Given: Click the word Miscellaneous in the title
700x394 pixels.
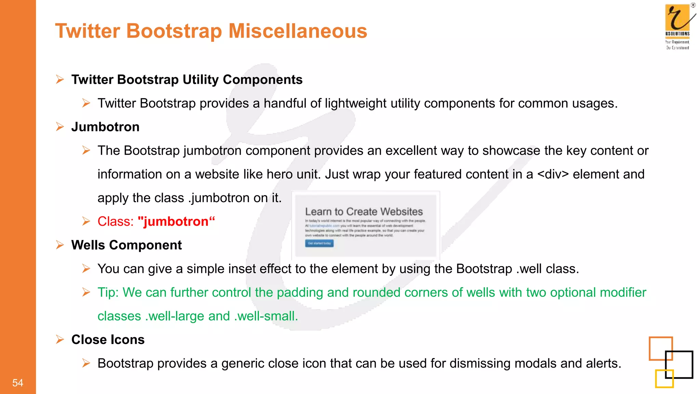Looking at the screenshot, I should [297, 31].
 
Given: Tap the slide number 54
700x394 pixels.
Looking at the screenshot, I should [18, 383].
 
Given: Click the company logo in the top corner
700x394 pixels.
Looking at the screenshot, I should [678, 25].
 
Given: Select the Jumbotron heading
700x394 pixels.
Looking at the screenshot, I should [105, 127].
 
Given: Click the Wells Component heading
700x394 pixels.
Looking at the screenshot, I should [126, 245].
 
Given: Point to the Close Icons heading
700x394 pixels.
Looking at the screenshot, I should [108, 340].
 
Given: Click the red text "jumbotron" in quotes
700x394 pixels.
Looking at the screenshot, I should [176, 222].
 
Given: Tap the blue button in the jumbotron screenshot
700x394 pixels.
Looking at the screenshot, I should [319, 244].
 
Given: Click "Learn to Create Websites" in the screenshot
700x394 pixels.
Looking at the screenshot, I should [364, 212].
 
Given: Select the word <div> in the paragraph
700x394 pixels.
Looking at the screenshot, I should [553, 174].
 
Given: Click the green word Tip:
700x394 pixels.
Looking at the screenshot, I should [108, 293].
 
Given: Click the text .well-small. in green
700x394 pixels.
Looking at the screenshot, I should [266, 316].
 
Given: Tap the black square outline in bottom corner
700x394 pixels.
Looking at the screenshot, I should [679, 365].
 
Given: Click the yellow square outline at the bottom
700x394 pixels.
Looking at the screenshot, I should [664, 379].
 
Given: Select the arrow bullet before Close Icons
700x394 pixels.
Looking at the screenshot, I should [60, 340].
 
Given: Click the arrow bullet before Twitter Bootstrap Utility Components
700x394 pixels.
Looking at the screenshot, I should [60, 80].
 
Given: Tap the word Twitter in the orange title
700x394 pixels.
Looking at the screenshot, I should [87, 31].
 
